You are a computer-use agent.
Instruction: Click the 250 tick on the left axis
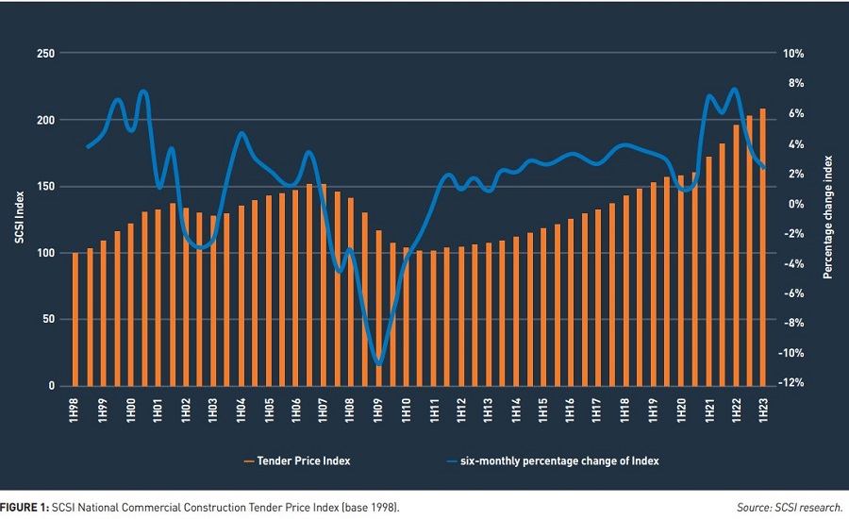[42, 54]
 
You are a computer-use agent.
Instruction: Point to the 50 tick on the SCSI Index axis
[45, 320]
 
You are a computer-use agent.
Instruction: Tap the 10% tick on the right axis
[790, 54]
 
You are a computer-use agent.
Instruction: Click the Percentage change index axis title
[829, 218]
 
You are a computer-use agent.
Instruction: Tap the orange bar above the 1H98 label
[75, 320]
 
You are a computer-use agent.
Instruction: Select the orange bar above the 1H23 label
[763, 247]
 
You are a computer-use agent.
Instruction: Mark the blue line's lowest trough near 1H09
[378, 363]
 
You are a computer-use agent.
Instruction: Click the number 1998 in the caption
[382, 508]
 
